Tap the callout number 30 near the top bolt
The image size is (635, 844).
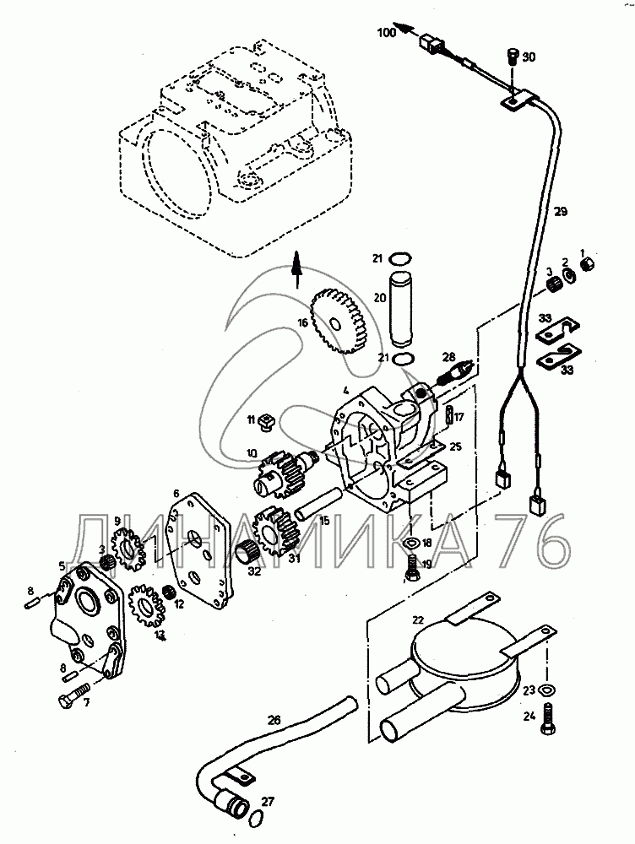528,57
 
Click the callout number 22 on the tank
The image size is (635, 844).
417,619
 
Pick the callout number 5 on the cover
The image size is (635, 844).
62,565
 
